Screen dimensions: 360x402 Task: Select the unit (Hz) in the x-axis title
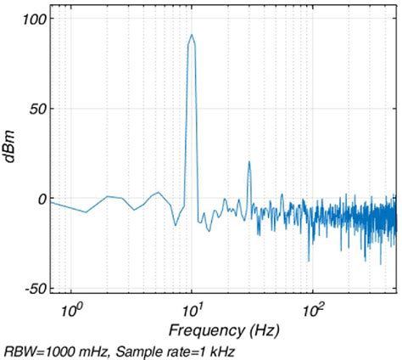(x=262, y=329)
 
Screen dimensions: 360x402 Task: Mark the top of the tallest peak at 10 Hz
(x=193, y=35)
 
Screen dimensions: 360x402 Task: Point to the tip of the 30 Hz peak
(x=249, y=162)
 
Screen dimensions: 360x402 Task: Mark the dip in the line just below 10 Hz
(x=176, y=225)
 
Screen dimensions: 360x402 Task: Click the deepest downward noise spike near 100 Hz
(x=309, y=262)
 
